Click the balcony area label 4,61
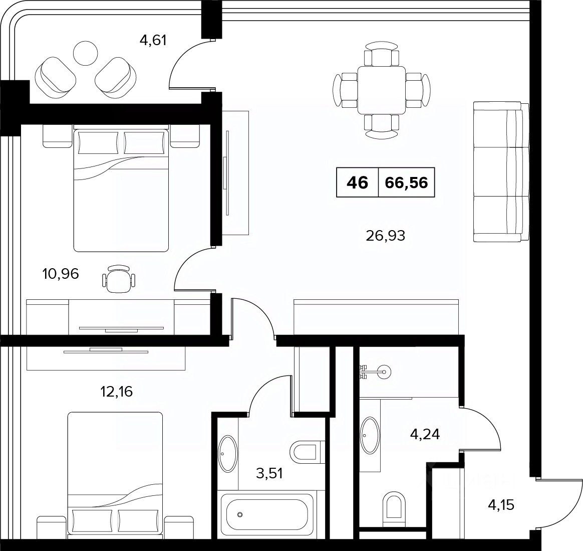[x=152, y=40]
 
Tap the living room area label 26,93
[x=385, y=235]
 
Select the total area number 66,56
[x=406, y=182]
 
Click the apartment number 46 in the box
[x=357, y=182]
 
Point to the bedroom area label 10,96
[x=61, y=274]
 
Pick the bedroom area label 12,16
[x=116, y=391]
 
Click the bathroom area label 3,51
[x=269, y=473]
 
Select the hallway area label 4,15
[x=501, y=505]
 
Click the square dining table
[x=382, y=90]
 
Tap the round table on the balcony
[x=86, y=53]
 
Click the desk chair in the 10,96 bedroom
[x=119, y=276]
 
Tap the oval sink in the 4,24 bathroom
[x=370, y=435]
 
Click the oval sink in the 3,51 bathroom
[x=227, y=454]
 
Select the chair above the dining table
[x=382, y=54]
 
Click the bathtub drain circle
[x=240, y=515]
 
